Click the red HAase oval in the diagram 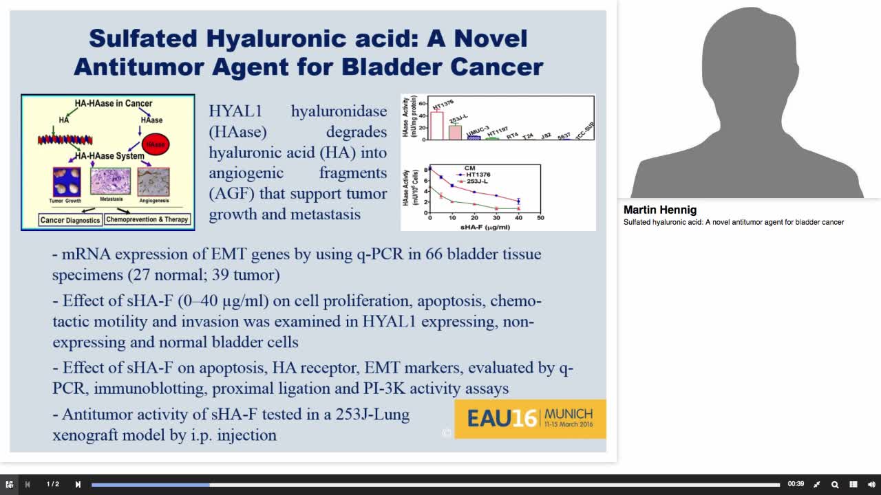pyautogui.click(x=155, y=144)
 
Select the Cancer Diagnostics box pyautogui.click(x=70, y=220)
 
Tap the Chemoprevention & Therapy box pyautogui.click(x=147, y=220)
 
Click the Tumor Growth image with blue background pyautogui.click(x=67, y=181)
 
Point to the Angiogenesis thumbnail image pyautogui.click(x=153, y=181)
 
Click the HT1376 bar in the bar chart pyautogui.click(x=436, y=125)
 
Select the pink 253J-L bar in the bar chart pyautogui.click(x=455, y=132)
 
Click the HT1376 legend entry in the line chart pyautogui.click(x=478, y=175)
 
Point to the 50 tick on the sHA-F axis pyautogui.click(x=540, y=218)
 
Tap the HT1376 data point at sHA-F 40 pyautogui.click(x=518, y=201)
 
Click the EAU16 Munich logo pyautogui.click(x=530, y=418)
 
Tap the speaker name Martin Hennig pyautogui.click(x=659, y=210)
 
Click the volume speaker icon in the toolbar pyautogui.click(x=871, y=485)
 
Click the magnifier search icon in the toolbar pyautogui.click(x=835, y=485)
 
